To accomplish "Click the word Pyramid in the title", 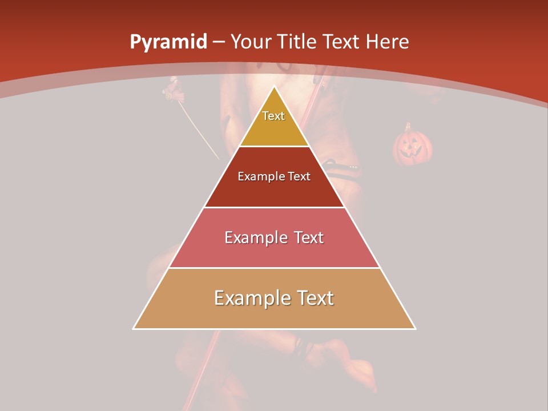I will (x=168, y=42).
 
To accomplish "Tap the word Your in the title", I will (x=251, y=42).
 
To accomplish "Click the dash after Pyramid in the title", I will (x=219, y=42).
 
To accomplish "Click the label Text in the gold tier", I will (x=273, y=116).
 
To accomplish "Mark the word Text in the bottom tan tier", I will (x=314, y=298).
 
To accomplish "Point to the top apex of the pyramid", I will (x=274, y=86).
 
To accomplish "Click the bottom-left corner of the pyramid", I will (x=134, y=329).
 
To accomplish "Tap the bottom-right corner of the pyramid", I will (x=415, y=329).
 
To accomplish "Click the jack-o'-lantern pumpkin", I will (x=412, y=147).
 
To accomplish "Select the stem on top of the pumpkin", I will (x=408, y=126).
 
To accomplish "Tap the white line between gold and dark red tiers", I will (x=274, y=146).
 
